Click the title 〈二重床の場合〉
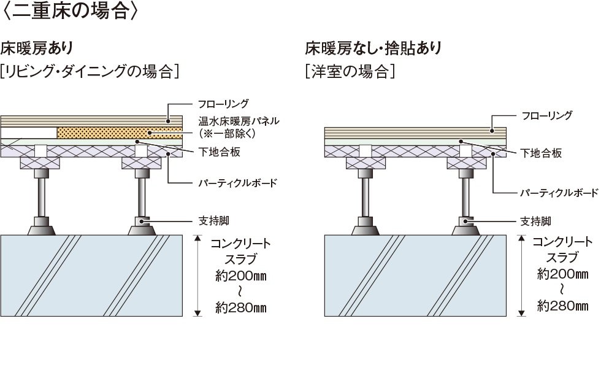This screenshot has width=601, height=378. [x=73, y=12]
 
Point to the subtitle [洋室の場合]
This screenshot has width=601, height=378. [x=350, y=71]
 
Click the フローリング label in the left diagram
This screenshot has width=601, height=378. [x=223, y=104]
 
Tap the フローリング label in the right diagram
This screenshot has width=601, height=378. [x=547, y=115]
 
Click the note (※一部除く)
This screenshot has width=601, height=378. [x=227, y=133]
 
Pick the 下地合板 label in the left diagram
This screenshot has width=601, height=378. [x=215, y=151]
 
